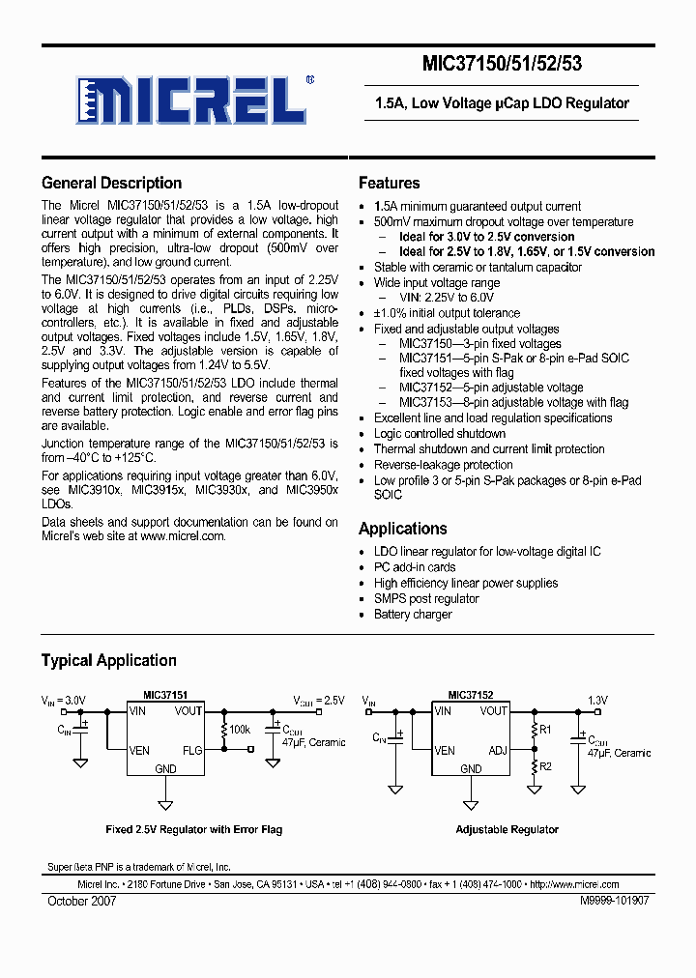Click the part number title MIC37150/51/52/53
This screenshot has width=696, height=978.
point(502,64)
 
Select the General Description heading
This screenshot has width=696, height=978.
point(111,183)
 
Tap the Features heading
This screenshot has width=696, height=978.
point(389,183)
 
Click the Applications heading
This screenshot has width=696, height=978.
point(402,529)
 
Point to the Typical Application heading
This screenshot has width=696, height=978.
point(108,661)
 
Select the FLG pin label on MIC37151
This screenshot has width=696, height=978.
point(192,751)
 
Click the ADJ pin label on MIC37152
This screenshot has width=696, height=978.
point(498,750)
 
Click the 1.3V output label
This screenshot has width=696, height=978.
point(599,701)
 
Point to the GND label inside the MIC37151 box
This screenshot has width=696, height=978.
point(165,769)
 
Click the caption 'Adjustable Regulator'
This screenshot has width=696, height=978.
point(507,829)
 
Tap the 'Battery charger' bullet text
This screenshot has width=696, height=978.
point(413,615)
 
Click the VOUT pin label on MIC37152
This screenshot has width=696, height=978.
point(493,711)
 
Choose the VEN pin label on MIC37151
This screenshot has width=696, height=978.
point(141,751)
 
